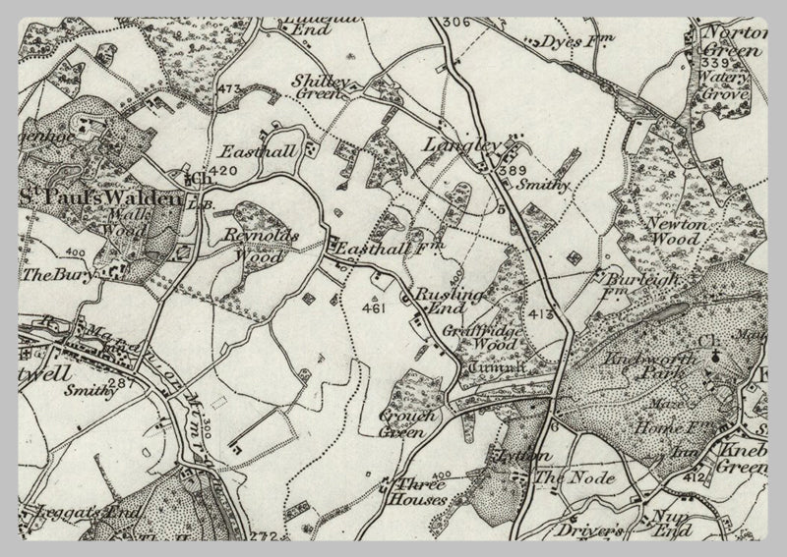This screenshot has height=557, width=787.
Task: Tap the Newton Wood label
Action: tap(671, 231)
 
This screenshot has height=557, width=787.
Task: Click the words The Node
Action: tap(575, 478)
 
